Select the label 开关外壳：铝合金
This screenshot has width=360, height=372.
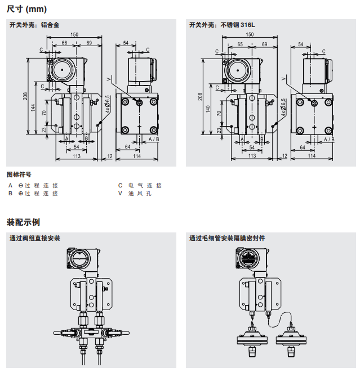(x=34, y=25)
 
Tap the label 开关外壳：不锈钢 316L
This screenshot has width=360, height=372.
(x=221, y=25)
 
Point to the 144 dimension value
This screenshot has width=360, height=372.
(x=34, y=107)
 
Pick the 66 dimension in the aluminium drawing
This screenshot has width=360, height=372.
(x=64, y=43)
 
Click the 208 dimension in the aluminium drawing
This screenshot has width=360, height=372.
(x=25, y=96)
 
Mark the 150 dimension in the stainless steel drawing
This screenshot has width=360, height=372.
(x=250, y=35)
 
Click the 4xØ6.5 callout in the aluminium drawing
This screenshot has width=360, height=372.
(x=107, y=105)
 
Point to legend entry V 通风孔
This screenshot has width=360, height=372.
(x=135, y=193)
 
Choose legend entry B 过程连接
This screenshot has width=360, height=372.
(x=34, y=193)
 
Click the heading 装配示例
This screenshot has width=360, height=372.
(x=23, y=222)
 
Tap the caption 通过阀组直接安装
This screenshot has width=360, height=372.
(x=35, y=239)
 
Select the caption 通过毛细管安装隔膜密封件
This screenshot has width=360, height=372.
(x=227, y=239)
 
